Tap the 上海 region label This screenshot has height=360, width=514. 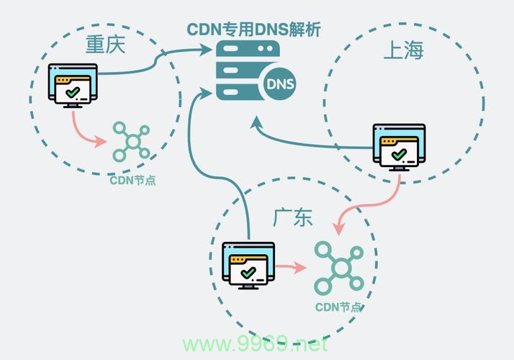(403, 50)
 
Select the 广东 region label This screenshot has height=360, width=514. (293, 217)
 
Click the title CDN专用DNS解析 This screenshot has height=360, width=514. (254, 30)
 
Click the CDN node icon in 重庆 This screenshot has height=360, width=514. (130, 141)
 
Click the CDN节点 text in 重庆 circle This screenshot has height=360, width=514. (132, 180)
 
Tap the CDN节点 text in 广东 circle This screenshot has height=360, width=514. (338, 307)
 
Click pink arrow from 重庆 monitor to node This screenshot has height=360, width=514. (86, 131)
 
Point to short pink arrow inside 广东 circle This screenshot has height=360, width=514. (292, 268)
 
